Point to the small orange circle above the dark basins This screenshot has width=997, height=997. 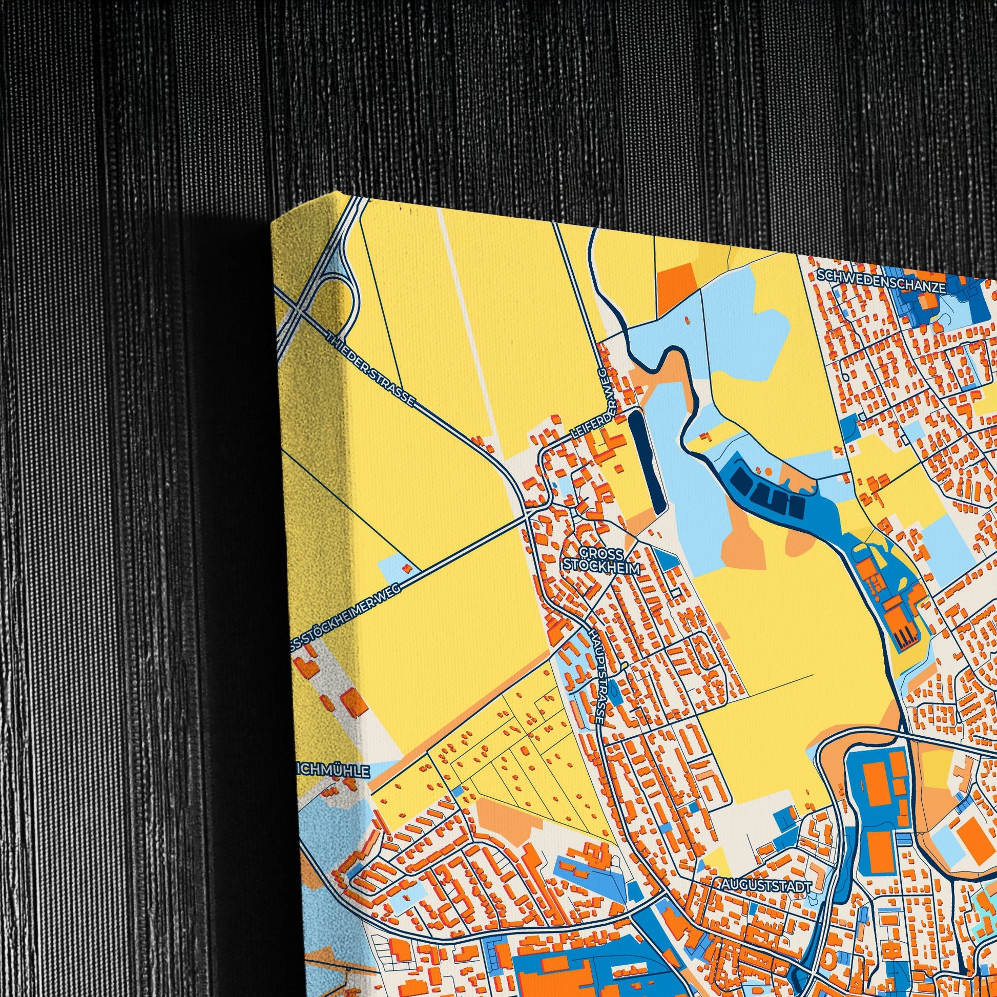769,471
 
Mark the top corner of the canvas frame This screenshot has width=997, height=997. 341,193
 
